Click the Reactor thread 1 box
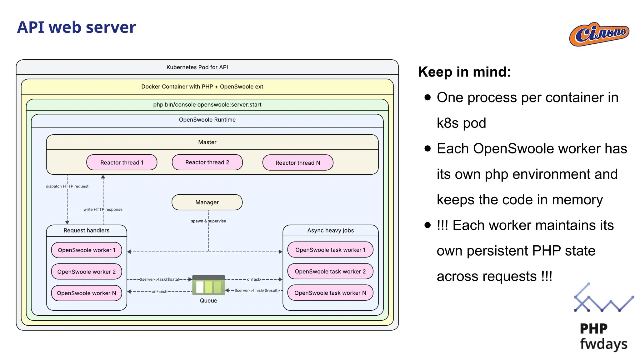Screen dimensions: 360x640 (122, 162)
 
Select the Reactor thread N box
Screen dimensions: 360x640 (298, 163)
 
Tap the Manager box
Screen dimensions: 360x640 (207, 202)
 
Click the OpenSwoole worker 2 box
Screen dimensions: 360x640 (87, 272)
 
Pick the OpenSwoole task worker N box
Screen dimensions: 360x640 (330, 293)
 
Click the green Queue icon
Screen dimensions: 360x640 (208, 285)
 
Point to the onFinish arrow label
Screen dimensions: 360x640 (159, 292)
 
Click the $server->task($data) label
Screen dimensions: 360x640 (159, 279)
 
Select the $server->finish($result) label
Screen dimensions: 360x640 (257, 290)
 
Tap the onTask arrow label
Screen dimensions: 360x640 (253, 279)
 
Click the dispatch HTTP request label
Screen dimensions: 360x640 (67, 186)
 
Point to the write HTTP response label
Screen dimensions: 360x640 (103, 209)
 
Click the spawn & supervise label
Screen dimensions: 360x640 (208, 221)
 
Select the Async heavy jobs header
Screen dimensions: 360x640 (330, 230)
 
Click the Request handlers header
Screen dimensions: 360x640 (87, 230)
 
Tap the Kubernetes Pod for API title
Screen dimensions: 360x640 (197, 67)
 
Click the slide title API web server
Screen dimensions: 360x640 (77, 27)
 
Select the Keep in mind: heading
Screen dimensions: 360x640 (464, 72)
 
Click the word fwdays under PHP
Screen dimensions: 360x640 (603, 344)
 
